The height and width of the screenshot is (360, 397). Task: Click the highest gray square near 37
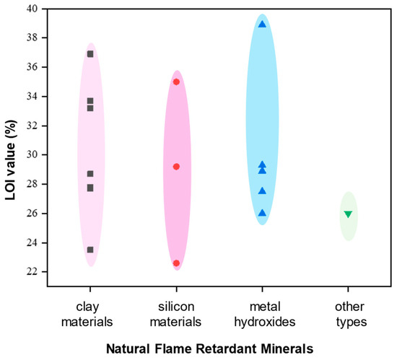pos(90,54)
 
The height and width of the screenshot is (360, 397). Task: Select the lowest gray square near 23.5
pos(90,250)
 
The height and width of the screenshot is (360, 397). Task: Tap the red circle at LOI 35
pos(176,82)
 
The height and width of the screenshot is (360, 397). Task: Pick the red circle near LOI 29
pos(176,167)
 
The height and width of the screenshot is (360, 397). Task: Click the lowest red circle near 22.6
pos(176,263)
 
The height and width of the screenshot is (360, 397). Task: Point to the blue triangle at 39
pos(262,25)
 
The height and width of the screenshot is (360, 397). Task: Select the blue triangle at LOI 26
pos(262,213)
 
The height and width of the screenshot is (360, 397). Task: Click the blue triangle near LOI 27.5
pos(262,191)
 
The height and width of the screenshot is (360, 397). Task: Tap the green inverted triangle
pos(348,214)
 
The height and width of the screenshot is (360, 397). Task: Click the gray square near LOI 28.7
pos(90,174)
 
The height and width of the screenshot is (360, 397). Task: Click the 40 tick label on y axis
pos(32,9)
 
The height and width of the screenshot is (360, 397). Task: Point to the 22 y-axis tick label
pos(32,272)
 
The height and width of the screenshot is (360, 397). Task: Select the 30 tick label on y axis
pos(32,155)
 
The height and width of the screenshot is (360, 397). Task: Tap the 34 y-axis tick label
pos(32,97)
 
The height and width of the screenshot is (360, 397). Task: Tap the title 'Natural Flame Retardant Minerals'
pos(209,348)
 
